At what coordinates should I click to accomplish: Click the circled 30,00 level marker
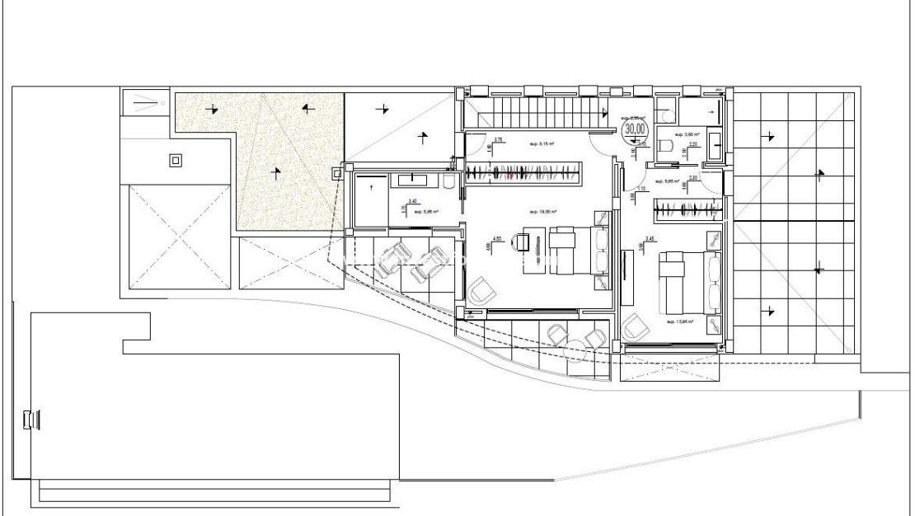(x=635, y=129)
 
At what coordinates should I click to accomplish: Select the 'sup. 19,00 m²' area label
(x=541, y=212)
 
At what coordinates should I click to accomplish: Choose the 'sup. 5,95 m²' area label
(x=426, y=212)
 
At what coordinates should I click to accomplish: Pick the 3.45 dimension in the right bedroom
(x=650, y=240)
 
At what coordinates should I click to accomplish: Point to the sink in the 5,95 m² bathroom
(x=412, y=179)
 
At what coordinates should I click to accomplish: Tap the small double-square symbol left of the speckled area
(x=175, y=161)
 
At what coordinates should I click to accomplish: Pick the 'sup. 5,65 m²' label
(x=667, y=181)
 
